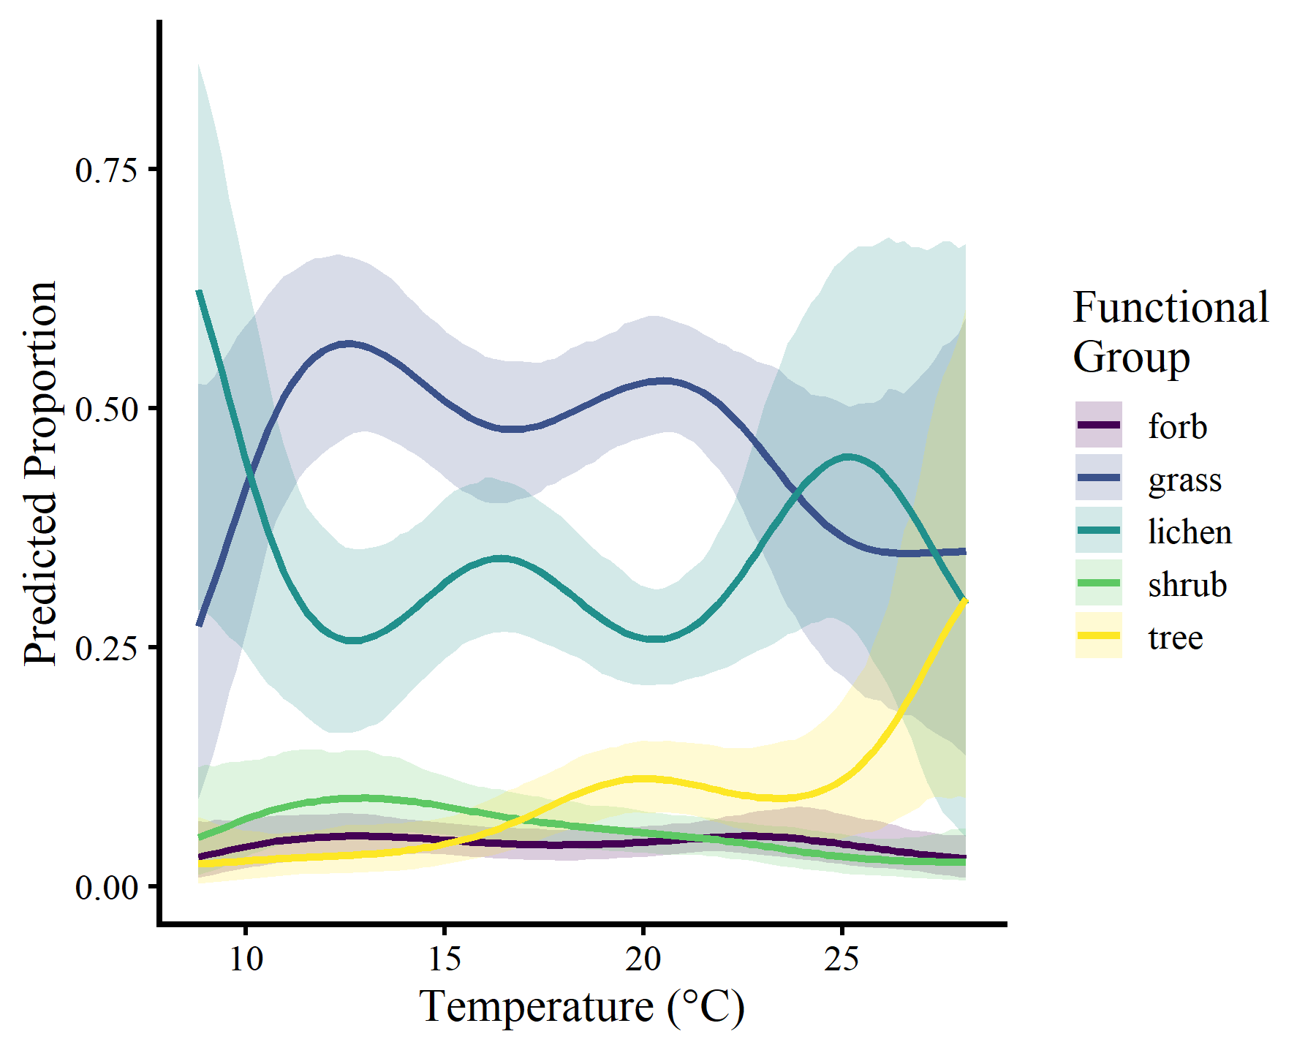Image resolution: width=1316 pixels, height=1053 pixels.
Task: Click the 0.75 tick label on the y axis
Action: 106,170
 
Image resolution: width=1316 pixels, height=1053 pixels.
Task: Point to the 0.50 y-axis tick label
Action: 106,409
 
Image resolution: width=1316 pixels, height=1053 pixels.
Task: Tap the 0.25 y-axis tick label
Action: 106,648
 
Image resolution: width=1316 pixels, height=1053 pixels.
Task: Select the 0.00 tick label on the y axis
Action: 106,887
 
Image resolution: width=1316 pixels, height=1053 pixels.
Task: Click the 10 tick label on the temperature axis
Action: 246,959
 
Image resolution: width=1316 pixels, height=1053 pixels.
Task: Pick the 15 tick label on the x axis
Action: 445,959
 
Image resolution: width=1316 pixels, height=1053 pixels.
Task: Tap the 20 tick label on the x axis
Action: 643,959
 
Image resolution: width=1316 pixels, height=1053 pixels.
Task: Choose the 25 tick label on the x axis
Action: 842,959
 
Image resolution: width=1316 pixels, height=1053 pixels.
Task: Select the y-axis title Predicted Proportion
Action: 41,474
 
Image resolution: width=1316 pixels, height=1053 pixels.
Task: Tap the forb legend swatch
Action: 1098,425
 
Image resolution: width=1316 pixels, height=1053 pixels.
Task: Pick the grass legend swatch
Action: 1098,478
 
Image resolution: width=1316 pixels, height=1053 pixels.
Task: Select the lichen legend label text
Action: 1190,532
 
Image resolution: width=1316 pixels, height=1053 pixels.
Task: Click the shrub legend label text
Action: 1187,584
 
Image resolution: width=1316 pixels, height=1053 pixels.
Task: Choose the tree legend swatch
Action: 1098,635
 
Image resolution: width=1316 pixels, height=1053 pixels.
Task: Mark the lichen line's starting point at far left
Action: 199,292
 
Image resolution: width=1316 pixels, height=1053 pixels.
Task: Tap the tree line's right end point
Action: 965,600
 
